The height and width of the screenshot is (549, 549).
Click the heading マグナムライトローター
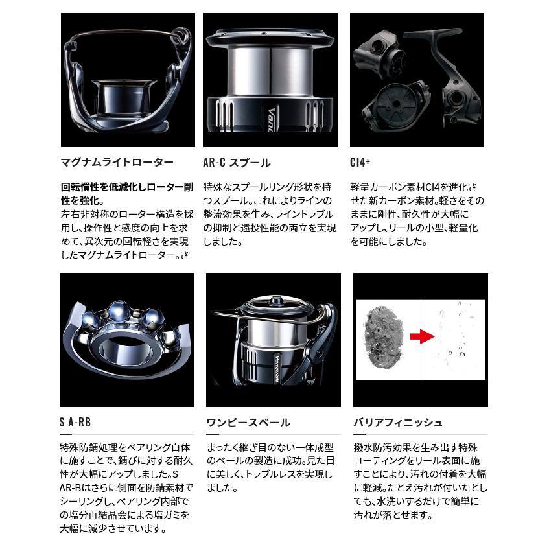point(116,163)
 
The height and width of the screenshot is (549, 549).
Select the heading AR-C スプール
point(237,163)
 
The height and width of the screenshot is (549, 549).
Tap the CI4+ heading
point(360,163)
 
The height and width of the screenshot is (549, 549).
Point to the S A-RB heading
point(75,423)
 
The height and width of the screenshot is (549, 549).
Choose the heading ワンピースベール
point(248,423)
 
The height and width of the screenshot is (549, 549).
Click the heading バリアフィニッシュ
point(397,423)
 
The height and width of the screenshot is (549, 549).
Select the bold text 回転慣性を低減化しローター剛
point(126,187)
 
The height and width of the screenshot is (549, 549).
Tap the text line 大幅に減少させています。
point(111,528)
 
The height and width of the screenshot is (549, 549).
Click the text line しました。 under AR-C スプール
point(222,241)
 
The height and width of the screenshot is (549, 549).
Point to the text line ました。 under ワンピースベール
point(222,487)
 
